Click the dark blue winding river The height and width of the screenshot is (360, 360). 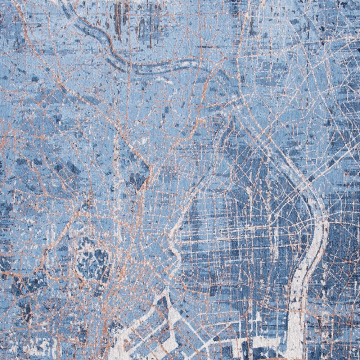[x=119, y=58]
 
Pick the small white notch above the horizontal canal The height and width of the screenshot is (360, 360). [x=258, y=317]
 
